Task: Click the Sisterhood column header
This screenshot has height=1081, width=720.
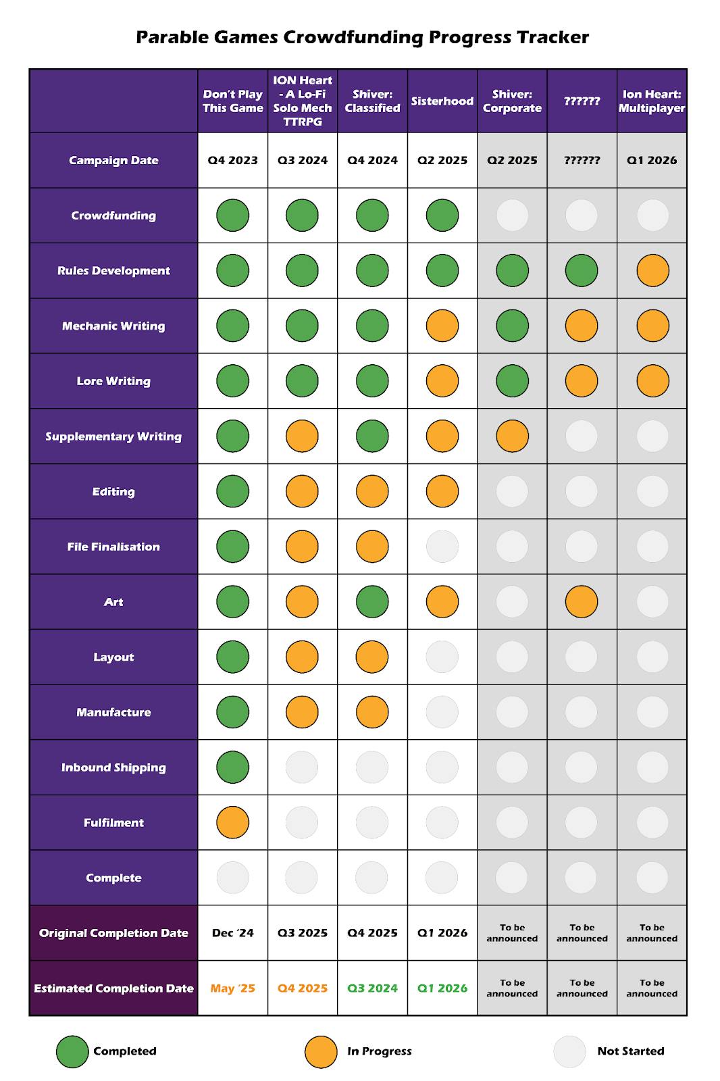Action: coord(442,101)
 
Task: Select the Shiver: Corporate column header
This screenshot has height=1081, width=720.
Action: coord(512,101)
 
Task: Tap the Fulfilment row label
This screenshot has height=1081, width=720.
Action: coord(113,822)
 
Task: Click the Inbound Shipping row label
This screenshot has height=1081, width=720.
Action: coord(113,768)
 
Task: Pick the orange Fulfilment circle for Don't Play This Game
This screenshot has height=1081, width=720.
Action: coord(232,822)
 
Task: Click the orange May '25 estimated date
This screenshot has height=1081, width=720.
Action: coord(232,988)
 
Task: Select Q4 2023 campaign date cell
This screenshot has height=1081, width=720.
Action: coord(232,161)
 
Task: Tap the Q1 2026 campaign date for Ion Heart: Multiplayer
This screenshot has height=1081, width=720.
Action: coord(652,161)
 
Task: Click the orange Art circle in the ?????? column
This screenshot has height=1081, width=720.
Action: coord(582,601)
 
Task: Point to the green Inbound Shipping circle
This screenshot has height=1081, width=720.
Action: coord(232,768)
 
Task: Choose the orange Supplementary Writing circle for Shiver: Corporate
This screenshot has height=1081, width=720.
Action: coord(512,436)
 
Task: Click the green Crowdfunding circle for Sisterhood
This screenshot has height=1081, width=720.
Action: coord(442,216)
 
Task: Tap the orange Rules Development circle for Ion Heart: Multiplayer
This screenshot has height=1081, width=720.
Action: coord(652,271)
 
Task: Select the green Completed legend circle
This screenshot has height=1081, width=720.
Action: coord(72,1051)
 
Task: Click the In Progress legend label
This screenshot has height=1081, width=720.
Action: coord(379,1051)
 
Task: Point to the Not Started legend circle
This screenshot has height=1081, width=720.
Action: coord(569,1051)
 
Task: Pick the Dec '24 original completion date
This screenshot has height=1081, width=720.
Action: coord(232,933)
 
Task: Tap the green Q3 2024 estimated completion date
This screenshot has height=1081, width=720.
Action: coord(372,988)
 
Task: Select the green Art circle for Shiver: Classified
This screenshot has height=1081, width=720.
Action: coord(372,601)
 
